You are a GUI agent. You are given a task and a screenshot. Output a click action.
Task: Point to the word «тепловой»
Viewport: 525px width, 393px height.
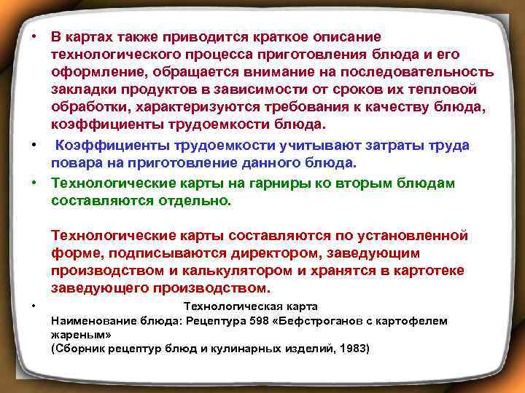click(446, 89)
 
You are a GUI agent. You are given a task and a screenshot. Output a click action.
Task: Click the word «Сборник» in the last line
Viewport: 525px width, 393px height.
click(77, 349)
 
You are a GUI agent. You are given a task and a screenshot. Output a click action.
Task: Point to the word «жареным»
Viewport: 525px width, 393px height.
click(79, 335)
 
